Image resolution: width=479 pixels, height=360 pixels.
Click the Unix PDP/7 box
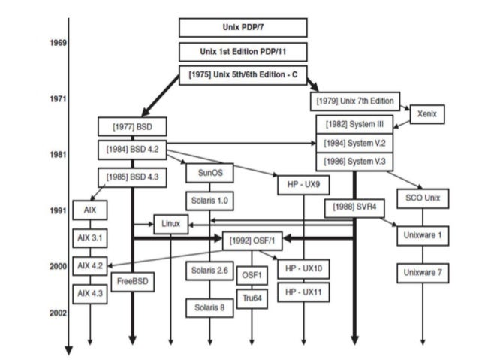coord(243,28)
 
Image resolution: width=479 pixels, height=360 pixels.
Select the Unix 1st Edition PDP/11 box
coord(243,52)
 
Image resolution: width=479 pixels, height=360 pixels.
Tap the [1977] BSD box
coord(131,126)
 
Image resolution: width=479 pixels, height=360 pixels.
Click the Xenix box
coord(427,113)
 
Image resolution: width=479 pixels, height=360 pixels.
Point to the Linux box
coord(170,223)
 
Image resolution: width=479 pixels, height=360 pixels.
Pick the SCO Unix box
coord(422,199)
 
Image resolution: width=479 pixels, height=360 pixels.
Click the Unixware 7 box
coord(422,271)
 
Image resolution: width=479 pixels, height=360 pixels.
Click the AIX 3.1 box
coord(89,237)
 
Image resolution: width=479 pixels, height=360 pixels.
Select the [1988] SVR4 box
coord(350,206)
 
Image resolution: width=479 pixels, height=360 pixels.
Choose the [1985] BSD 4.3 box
coord(131,177)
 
